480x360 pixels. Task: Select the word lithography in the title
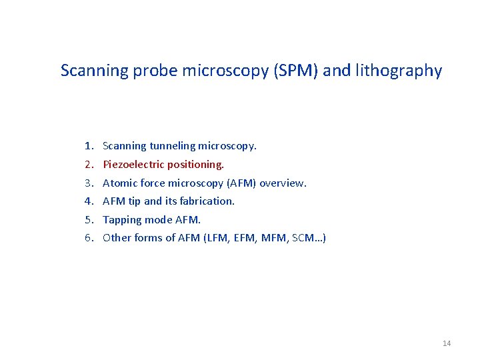(x=398, y=71)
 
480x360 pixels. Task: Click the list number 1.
(x=88, y=145)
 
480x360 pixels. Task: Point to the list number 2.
(x=88, y=164)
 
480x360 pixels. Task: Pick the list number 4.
(x=88, y=201)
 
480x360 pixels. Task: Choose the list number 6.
(x=88, y=238)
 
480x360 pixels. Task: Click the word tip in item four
(x=134, y=201)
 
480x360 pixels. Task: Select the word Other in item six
(x=117, y=238)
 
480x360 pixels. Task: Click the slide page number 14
(x=447, y=343)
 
